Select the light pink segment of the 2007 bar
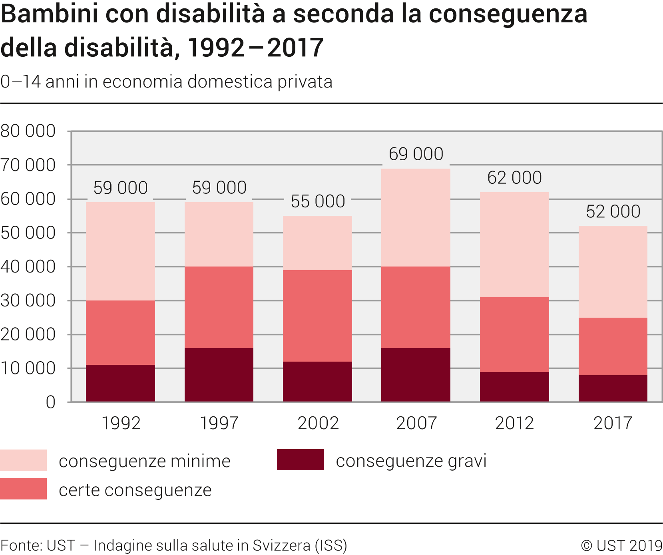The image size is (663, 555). click(x=416, y=217)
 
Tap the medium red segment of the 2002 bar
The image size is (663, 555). click(x=317, y=316)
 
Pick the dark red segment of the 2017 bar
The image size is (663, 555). click(x=613, y=388)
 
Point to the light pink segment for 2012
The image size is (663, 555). click(x=514, y=245)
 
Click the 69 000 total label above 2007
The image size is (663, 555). click(x=416, y=154)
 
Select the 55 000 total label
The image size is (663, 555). click(x=317, y=201)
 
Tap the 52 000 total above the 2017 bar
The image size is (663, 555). click(x=613, y=212)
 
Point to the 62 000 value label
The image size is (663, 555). click(x=514, y=178)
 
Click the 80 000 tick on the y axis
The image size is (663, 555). click(x=28, y=131)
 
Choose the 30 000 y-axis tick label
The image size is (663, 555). click(x=28, y=300)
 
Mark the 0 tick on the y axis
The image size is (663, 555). click(x=50, y=402)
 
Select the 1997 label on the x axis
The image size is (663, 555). click(x=219, y=423)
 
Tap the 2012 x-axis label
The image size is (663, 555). click(x=514, y=423)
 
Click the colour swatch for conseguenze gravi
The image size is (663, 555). click(x=300, y=460)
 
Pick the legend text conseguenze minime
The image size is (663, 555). click(x=144, y=461)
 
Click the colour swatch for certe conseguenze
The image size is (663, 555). click(x=23, y=489)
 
